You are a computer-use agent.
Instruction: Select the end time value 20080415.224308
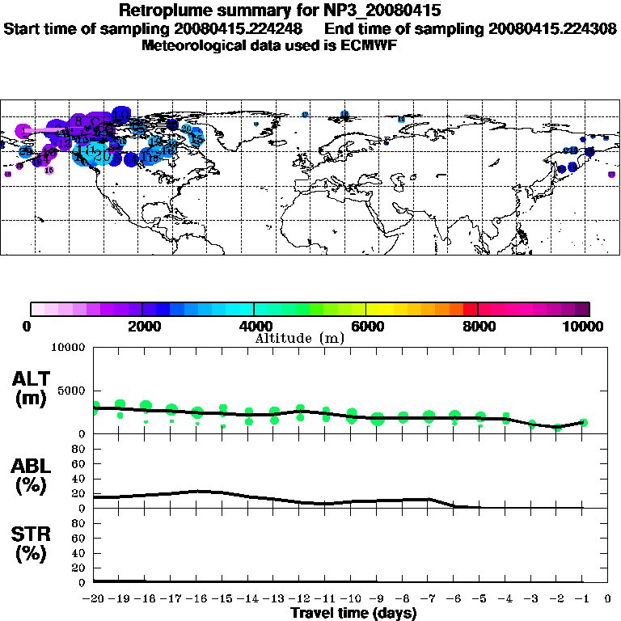click(x=550, y=28)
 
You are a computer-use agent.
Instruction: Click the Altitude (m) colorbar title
click(x=299, y=338)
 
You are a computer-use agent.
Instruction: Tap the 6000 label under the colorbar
click(x=366, y=327)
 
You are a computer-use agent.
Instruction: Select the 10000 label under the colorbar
click(x=588, y=327)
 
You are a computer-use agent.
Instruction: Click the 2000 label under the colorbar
click(x=142, y=327)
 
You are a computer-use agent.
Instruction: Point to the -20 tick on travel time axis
click(x=94, y=600)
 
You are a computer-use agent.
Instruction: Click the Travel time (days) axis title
click(x=353, y=614)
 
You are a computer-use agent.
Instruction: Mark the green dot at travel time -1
click(x=583, y=422)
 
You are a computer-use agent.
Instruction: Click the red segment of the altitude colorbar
click(x=471, y=309)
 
